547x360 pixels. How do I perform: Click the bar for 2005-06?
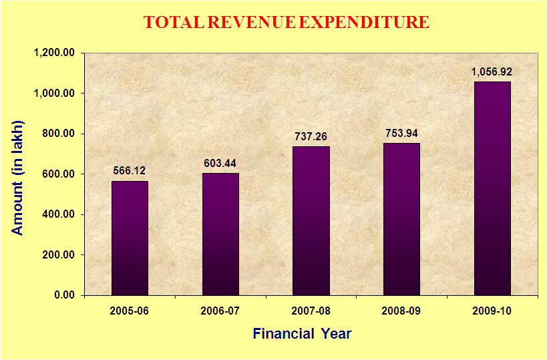click(130, 238)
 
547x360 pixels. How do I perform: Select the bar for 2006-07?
click(220, 234)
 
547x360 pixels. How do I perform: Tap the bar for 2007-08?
click(311, 220)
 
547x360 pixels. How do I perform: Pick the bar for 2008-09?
click(402, 219)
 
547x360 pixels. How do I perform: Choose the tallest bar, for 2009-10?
click(492, 188)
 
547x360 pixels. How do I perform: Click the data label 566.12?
click(130, 171)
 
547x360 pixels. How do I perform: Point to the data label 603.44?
click(220, 163)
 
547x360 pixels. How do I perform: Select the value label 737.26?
click(311, 136)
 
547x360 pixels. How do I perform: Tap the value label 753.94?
click(402, 133)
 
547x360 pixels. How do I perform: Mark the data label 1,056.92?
click(492, 71)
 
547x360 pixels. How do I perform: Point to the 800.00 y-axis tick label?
click(59, 134)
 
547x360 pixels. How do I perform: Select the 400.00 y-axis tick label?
click(59, 214)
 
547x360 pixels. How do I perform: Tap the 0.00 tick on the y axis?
click(64, 295)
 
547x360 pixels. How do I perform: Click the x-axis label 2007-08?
click(311, 312)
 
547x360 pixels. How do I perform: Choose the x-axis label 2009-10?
click(492, 312)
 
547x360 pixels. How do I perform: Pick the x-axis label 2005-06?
click(130, 312)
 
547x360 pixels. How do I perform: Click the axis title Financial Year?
click(302, 333)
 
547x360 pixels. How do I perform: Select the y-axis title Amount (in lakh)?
click(18, 178)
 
